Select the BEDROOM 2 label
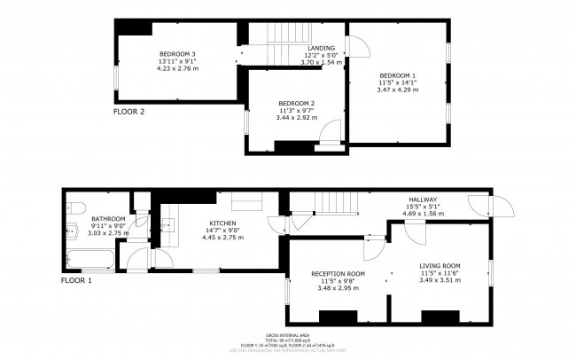click(295, 104)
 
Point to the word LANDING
click(320, 49)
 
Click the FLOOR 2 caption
click(129, 113)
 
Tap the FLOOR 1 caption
click(75, 280)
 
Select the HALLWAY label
click(422, 200)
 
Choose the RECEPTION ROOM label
click(338, 273)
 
